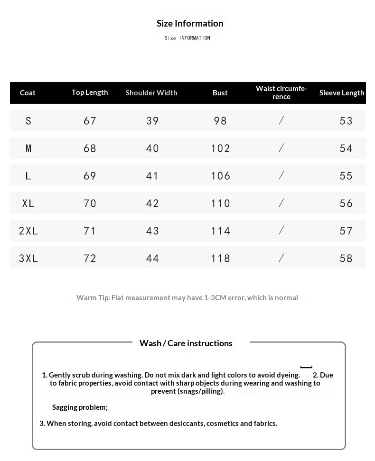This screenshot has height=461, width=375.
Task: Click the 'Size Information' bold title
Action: (x=190, y=23)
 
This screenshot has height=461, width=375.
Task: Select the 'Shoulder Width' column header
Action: (x=151, y=92)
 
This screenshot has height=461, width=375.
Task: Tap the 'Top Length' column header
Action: (x=90, y=92)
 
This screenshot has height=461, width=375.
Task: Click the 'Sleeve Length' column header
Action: (x=342, y=92)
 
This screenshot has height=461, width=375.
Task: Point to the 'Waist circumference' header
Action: (x=281, y=92)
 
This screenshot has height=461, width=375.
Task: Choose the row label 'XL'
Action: (x=28, y=203)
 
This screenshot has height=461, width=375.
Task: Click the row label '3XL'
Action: (x=28, y=258)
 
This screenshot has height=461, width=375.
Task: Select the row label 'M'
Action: (x=28, y=148)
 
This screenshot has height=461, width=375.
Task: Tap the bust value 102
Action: (x=221, y=148)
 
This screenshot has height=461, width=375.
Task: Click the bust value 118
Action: (x=221, y=258)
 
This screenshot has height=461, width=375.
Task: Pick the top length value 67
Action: (x=90, y=121)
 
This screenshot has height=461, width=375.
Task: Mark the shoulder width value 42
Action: (x=153, y=203)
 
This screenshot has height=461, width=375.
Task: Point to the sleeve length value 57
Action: (x=347, y=231)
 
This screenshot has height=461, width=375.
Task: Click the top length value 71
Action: (x=90, y=231)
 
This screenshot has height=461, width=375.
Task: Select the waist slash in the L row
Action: (x=281, y=176)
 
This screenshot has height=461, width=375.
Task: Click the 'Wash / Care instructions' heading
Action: (x=186, y=343)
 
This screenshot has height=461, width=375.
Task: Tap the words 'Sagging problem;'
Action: (x=80, y=407)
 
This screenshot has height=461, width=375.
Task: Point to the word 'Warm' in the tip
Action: (x=86, y=297)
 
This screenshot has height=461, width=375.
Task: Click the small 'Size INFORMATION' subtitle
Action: (x=187, y=38)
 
